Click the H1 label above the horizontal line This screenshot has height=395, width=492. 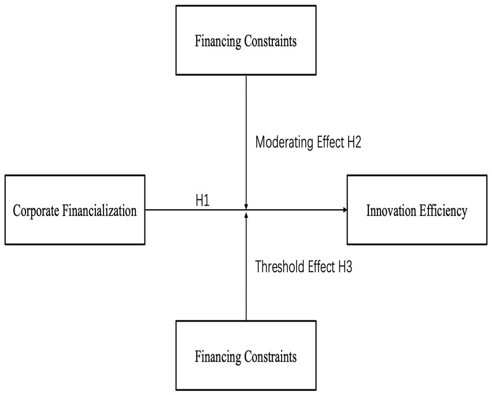(x=202, y=200)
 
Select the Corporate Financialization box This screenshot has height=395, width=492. (x=75, y=210)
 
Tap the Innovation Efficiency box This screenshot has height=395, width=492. (x=417, y=210)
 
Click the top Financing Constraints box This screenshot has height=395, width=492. (x=246, y=40)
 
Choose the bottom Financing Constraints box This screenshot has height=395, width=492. (x=246, y=356)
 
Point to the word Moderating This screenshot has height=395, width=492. (x=284, y=142)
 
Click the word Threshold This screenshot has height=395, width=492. (x=280, y=267)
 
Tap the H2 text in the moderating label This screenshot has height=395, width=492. (x=354, y=142)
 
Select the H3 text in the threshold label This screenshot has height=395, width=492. (x=345, y=267)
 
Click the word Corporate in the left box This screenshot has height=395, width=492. (x=36, y=211)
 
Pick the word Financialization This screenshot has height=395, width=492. (x=99, y=210)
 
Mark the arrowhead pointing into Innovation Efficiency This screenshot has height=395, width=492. (x=345, y=210)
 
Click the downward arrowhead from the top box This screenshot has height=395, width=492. (x=246, y=206)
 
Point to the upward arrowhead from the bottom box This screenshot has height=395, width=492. (x=246, y=215)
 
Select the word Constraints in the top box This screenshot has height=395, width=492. (x=271, y=41)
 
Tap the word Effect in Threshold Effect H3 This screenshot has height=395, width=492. (x=321, y=267)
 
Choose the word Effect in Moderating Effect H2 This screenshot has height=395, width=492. (x=330, y=142)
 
